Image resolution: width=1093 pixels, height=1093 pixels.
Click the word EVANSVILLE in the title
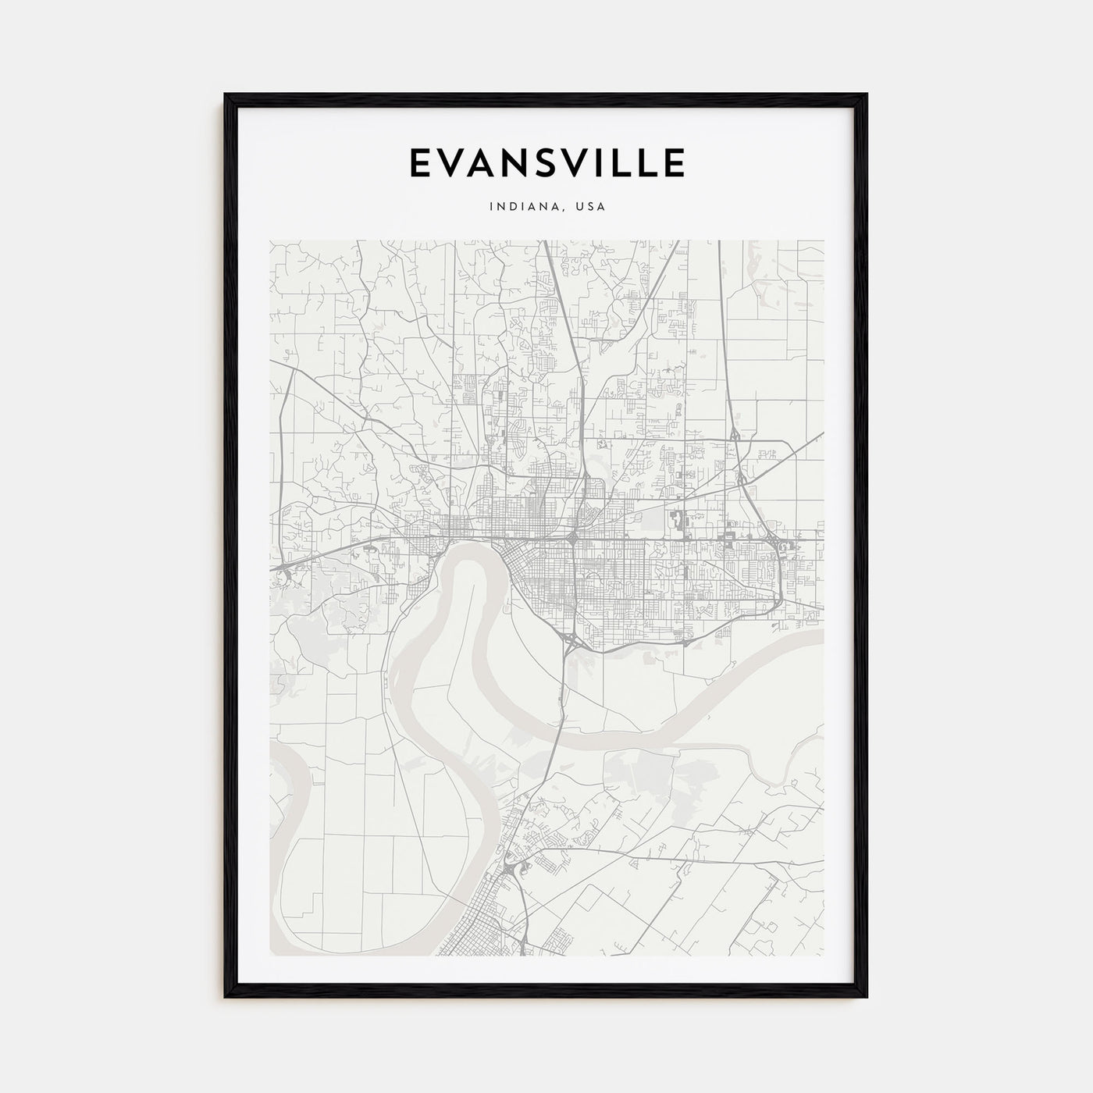546,162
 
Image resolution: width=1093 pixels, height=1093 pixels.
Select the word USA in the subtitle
590,207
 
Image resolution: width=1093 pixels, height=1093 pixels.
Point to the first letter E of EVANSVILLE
418,162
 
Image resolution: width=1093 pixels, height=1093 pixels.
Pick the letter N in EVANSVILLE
520,162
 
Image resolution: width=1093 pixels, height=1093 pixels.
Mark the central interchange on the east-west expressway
573,538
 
